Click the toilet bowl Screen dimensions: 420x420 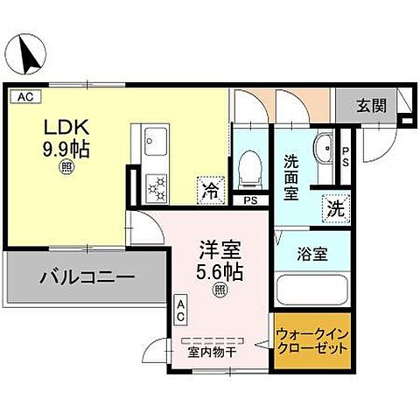250,166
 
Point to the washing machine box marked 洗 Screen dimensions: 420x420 334,209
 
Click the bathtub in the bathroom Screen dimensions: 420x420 312,291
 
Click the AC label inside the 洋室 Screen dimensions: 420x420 181,307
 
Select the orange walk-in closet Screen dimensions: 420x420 312,342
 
